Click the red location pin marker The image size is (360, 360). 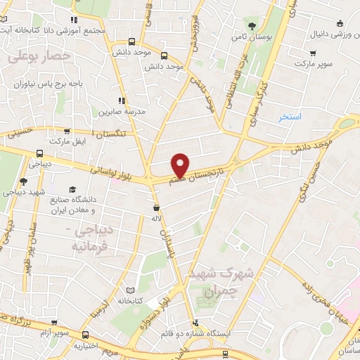click(x=181, y=165)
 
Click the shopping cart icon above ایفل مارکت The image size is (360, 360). click(x=67, y=131)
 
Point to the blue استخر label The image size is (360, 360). click(x=290, y=116)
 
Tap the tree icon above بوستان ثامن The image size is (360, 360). click(x=252, y=25)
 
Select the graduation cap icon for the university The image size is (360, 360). click(x=72, y=189)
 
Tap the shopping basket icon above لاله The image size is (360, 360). click(x=155, y=208)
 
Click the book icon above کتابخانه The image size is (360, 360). click(x=129, y=290)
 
